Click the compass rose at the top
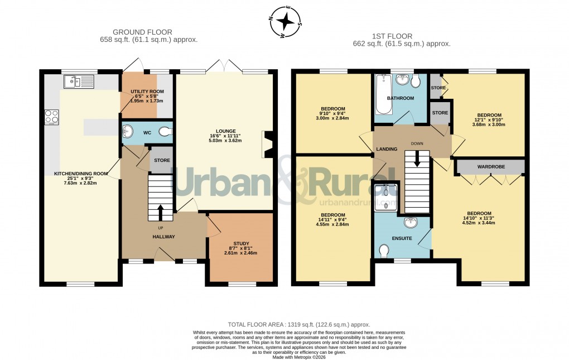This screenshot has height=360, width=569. pyautogui.click(x=285, y=22)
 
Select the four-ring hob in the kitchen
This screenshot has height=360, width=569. pyautogui.click(x=52, y=117)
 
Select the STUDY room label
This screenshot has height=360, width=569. pyautogui.click(x=241, y=243)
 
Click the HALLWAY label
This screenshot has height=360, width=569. pyautogui.click(x=164, y=237)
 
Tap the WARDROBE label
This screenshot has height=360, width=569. pyautogui.click(x=490, y=166)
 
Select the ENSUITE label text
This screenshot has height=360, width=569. pyautogui.click(x=402, y=238)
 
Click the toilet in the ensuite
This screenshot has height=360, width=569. pyautogui.click(x=383, y=252)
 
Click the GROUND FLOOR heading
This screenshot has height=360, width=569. pyautogui.click(x=142, y=32)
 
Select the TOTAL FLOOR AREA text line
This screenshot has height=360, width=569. pyautogui.click(x=299, y=324)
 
